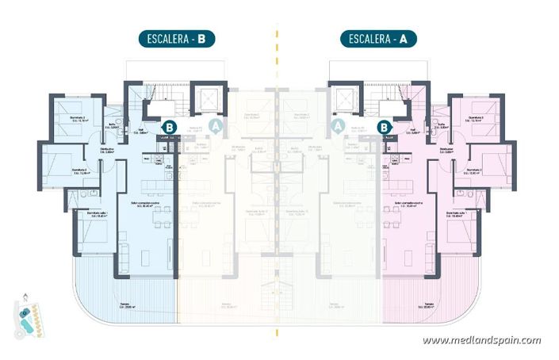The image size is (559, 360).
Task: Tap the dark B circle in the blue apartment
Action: point(169,126)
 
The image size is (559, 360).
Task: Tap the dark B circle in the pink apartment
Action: point(385,126)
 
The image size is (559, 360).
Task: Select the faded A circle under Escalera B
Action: point(217,124)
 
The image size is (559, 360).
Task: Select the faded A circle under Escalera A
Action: point(337,124)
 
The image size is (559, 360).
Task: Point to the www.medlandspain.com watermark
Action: point(481,340)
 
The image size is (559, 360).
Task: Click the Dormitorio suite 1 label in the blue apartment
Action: point(88,214)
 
